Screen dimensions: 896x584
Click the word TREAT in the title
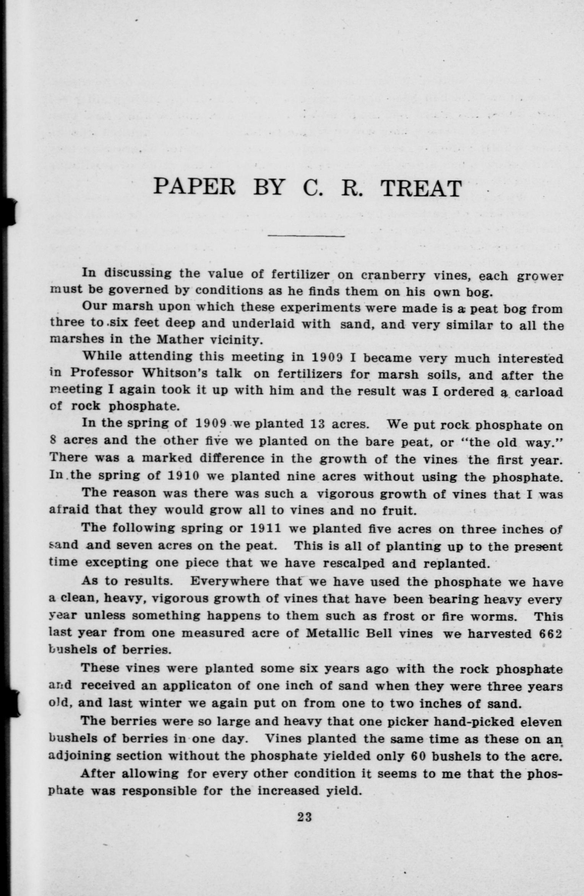click(422, 188)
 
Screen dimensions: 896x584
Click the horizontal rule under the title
click(306, 236)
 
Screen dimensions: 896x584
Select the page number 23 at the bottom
click(305, 817)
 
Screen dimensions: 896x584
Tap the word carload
click(539, 392)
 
